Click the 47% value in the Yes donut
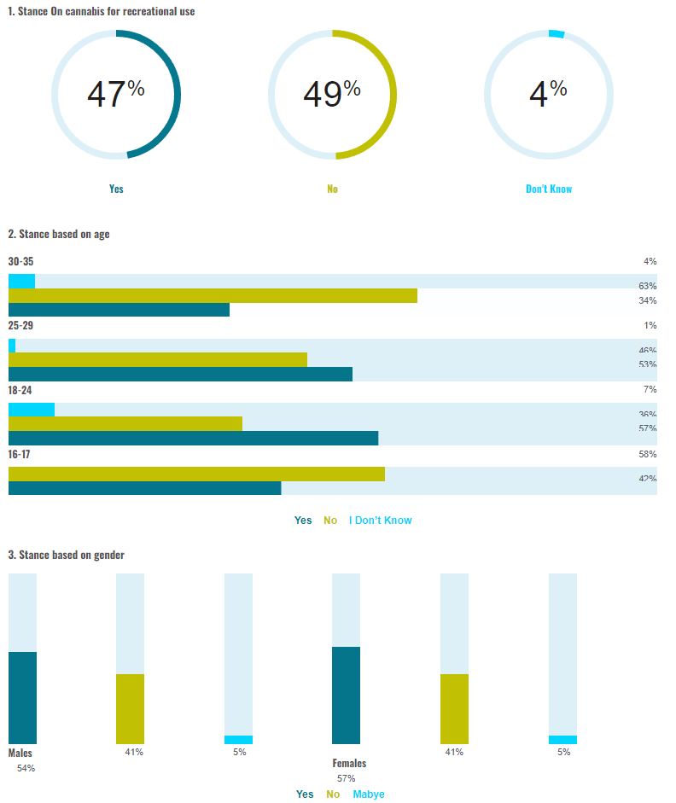(x=115, y=94)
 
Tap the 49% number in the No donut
(x=332, y=94)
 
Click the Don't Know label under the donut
(x=549, y=189)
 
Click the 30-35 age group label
(x=20, y=261)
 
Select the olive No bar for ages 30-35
(x=213, y=295)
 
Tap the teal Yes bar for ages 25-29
(x=180, y=374)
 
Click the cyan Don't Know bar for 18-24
(x=32, y=410)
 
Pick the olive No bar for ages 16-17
(x=196, y=474)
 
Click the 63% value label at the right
(x=647, y=286)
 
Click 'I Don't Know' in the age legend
(x=381, y=521)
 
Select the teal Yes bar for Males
(x=22, y=697)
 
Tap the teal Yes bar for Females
(x=346, y=695)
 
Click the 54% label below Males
(x=26, y=769)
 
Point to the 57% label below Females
(x=346, y=778)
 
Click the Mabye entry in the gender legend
(x=369, y=794)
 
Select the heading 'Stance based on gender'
(x=66, y=555)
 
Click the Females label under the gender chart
(x=349, y=763)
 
